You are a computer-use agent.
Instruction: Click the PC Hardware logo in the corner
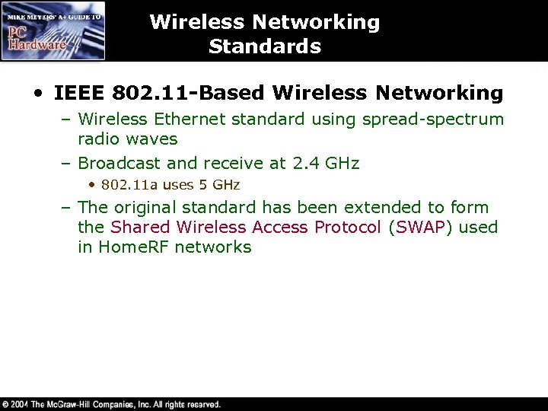[53, 30]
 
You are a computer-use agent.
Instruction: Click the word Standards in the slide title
[265, 46]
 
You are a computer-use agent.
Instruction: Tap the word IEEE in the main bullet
[80, 94]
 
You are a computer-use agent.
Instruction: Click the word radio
[98, 139]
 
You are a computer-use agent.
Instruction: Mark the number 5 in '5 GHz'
[202, 185]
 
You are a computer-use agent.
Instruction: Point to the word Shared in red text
[141, 227]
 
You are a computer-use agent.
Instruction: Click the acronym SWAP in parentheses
[416, 227]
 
